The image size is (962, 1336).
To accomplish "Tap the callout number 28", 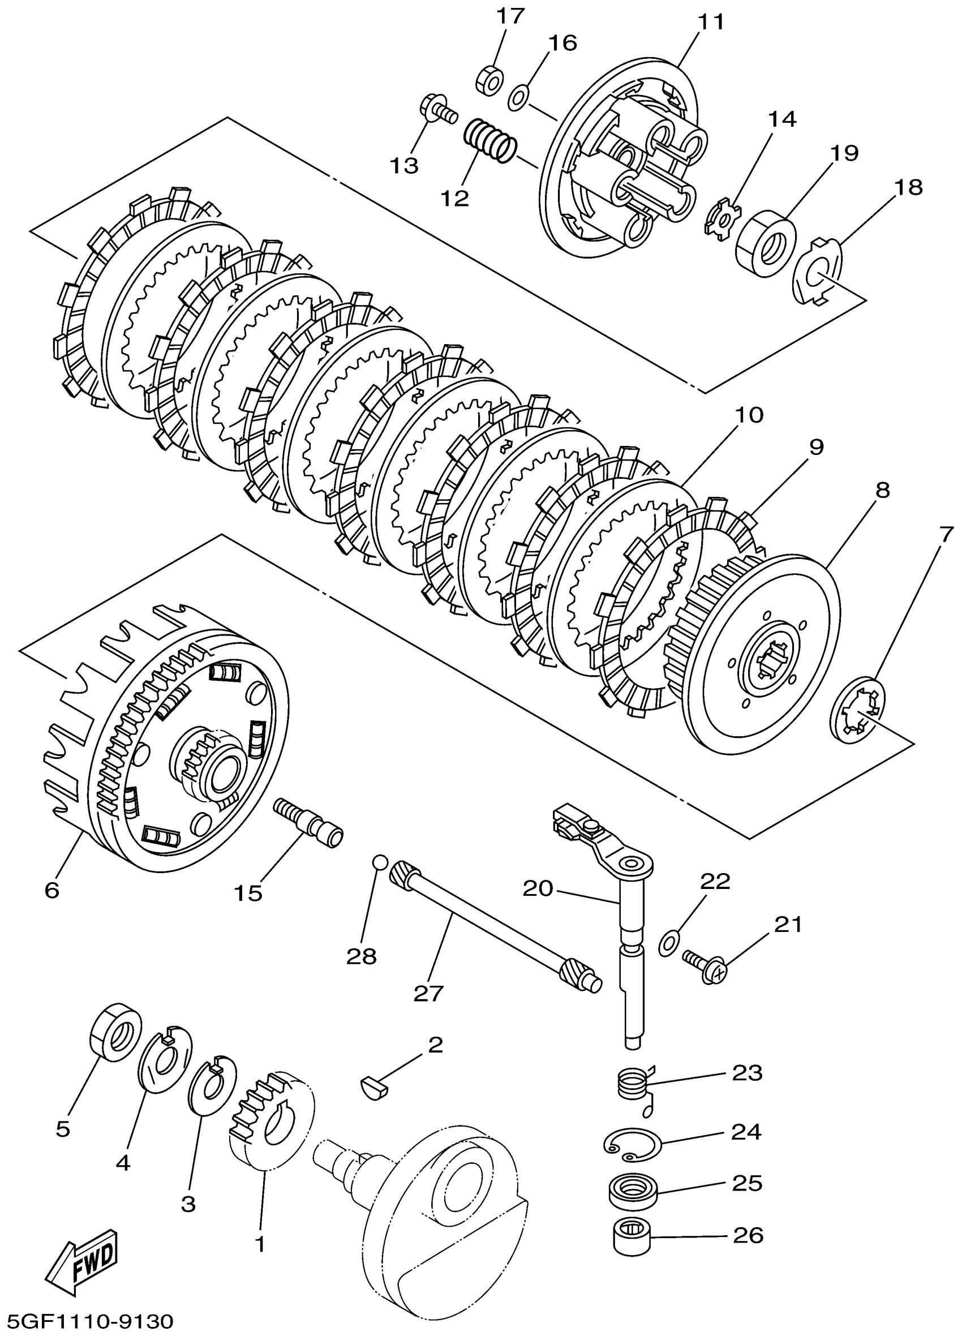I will point(361,956).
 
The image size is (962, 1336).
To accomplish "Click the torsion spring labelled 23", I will point(633,1085).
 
